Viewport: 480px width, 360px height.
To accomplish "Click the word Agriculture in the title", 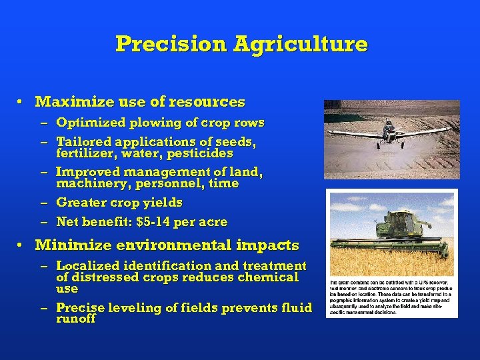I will (x=300, y=44).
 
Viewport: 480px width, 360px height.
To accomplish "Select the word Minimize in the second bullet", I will (x=65, y=245).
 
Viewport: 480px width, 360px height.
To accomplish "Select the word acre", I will (x=213, y=221).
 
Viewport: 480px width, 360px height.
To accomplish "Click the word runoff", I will (x=76, y=319).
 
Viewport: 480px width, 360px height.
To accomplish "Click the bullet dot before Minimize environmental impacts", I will (x=21, y=245).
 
